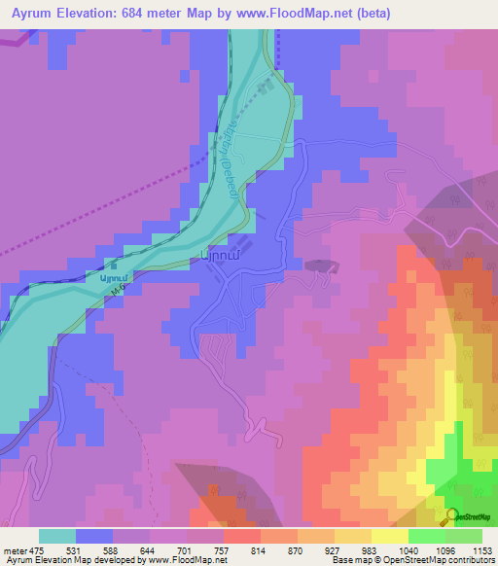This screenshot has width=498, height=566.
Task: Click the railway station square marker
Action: pyautogui.click(x=114, y=264)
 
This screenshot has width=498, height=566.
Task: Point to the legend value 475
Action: pyautogui.click(x=38, y=549)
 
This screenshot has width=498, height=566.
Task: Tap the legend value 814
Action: pyautogui.click(x=260, y=549)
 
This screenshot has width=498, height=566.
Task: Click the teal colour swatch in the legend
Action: pyautogui.click(x=56, y=536)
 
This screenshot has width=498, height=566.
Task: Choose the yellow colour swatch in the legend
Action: pyautogui.click(x=390, y=536)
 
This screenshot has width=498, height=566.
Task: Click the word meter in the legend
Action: pyautogui.click(x=14, y=549)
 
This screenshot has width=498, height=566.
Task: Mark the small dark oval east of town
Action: pyautogui.click(x=318, y=265)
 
